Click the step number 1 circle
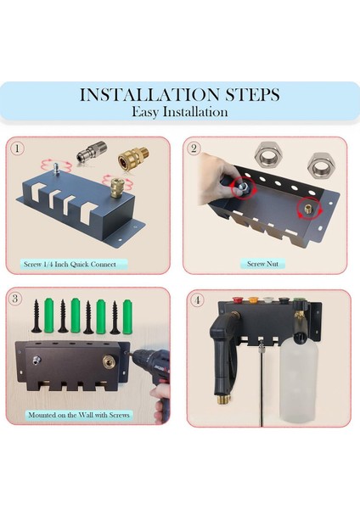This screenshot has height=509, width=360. point(18,148)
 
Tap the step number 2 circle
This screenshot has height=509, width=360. point(194,148)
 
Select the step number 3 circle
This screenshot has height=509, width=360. point(15,299)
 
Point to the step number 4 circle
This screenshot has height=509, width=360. point(197,300)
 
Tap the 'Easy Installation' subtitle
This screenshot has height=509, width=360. point(180,112)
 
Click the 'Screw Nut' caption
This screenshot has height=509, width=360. point(262,264)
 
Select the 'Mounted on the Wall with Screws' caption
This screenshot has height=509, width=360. point(79,415)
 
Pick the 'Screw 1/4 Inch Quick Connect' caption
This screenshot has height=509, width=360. point(70,264)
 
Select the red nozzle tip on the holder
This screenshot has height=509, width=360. point(236,299)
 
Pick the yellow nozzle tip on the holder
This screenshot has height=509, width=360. point(252,299)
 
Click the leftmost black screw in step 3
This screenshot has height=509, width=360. point(36,316)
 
